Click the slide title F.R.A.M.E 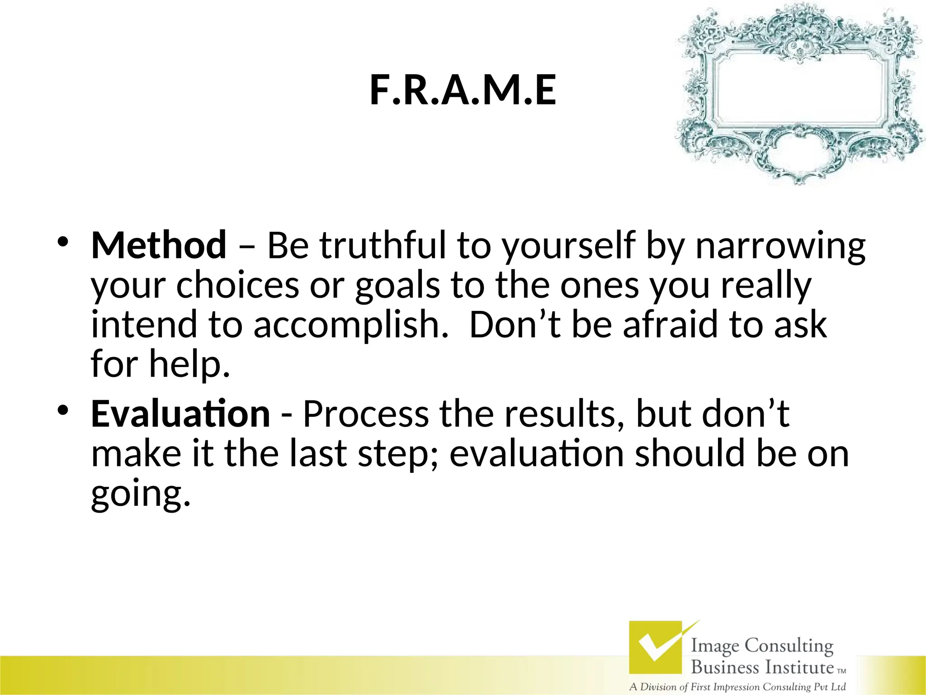463,90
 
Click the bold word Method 159,245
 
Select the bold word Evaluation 180,414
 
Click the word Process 365,414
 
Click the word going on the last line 140,494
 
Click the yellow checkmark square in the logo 655,647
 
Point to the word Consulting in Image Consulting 789,646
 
